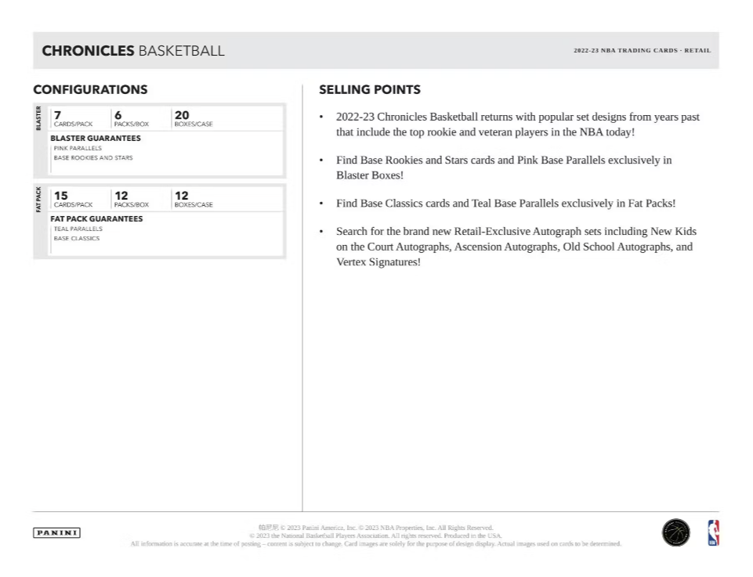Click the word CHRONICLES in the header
click(88, 51)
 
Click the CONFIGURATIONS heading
click(90, 90)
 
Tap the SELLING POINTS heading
click(370, 90)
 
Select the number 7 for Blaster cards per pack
click(57, 114)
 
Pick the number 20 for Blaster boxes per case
click(182, 114)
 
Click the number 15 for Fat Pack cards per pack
click(60, 195)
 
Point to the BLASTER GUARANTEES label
click(96, 138)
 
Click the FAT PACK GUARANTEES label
click(96, 218)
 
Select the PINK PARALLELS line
click(78, 148)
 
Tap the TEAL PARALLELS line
click(78, 229)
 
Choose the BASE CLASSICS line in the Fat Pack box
click(76, 238)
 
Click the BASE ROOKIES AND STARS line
click(92, 157)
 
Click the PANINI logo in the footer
click(57, 532)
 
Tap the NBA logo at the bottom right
click(713, 532)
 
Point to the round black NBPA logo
click(675, 532)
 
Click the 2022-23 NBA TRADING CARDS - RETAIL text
click(642, 51)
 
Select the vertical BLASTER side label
click(39, 118)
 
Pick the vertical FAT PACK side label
click(39, 199)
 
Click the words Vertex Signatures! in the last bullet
click(378, 262)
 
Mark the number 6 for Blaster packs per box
click(118, 114)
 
